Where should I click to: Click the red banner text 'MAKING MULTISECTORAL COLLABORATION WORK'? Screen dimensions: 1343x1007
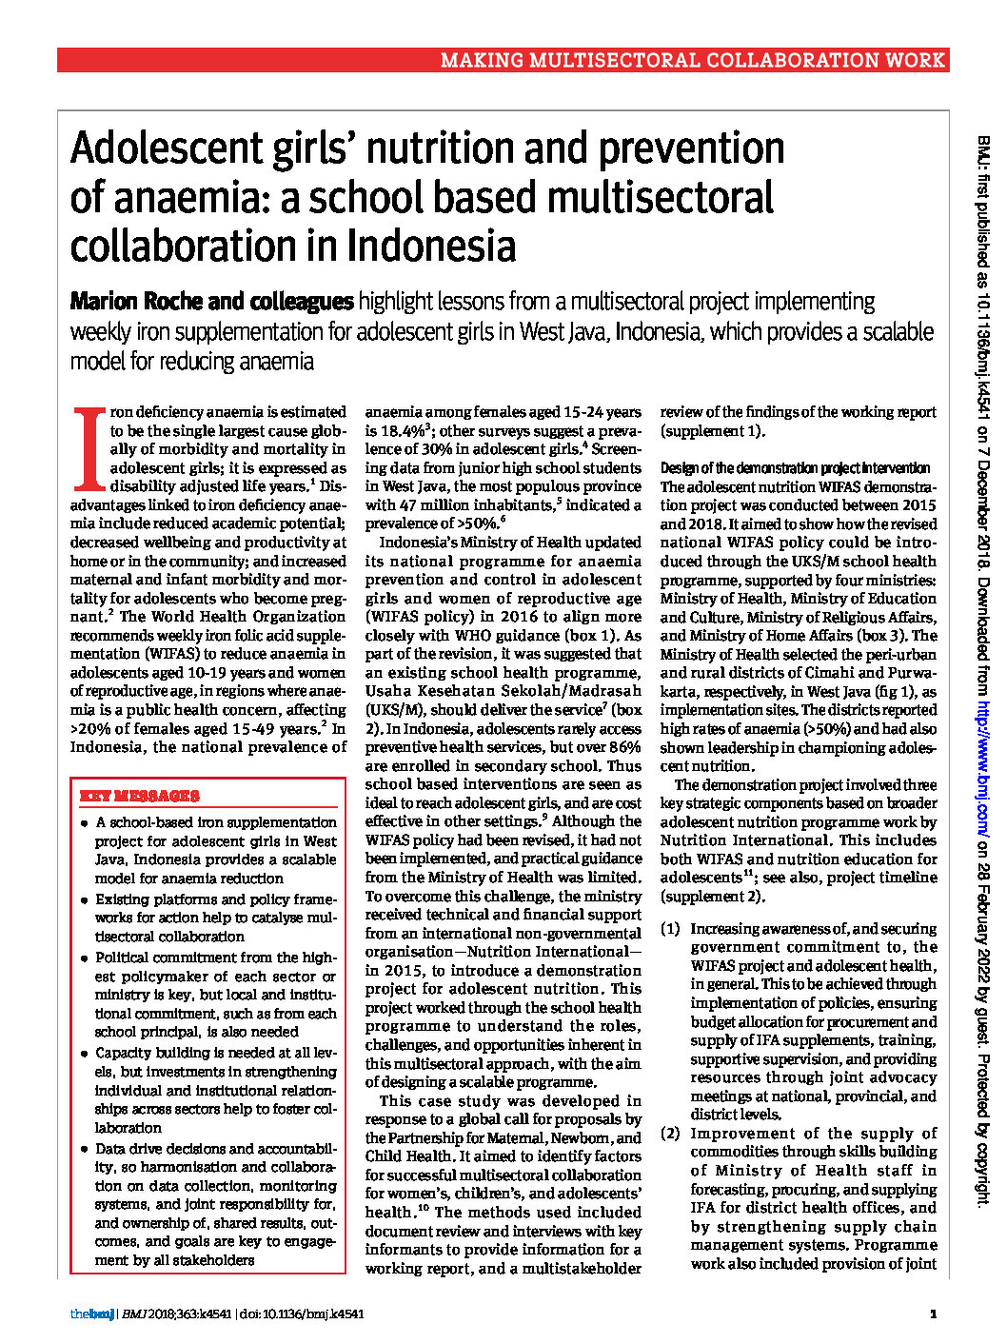[692, 61]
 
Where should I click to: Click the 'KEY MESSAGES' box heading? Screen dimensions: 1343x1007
[139, 797]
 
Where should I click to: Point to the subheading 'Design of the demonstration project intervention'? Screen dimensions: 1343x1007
[795, 468]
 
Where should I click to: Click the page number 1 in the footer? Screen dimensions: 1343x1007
[933, 1314]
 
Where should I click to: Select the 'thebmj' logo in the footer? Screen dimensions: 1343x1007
[91, 1314]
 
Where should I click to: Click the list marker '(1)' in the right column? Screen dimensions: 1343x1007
[670, 928]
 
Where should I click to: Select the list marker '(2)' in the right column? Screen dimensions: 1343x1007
[670, 1133]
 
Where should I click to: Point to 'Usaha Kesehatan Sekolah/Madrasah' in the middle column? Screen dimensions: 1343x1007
[503, 691]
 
